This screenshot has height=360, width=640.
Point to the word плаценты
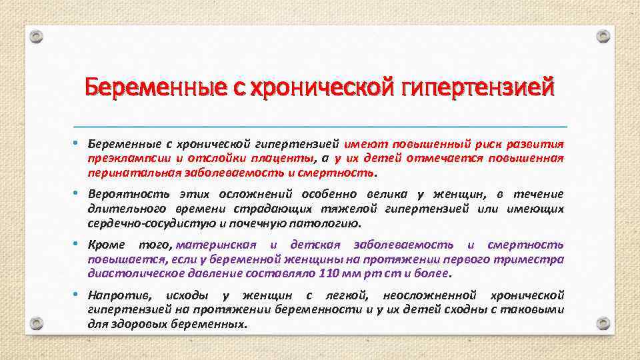(x=285, y=158)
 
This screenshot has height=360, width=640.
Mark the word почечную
(x=273, y=223)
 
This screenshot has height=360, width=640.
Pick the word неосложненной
(x=425, y=295)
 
